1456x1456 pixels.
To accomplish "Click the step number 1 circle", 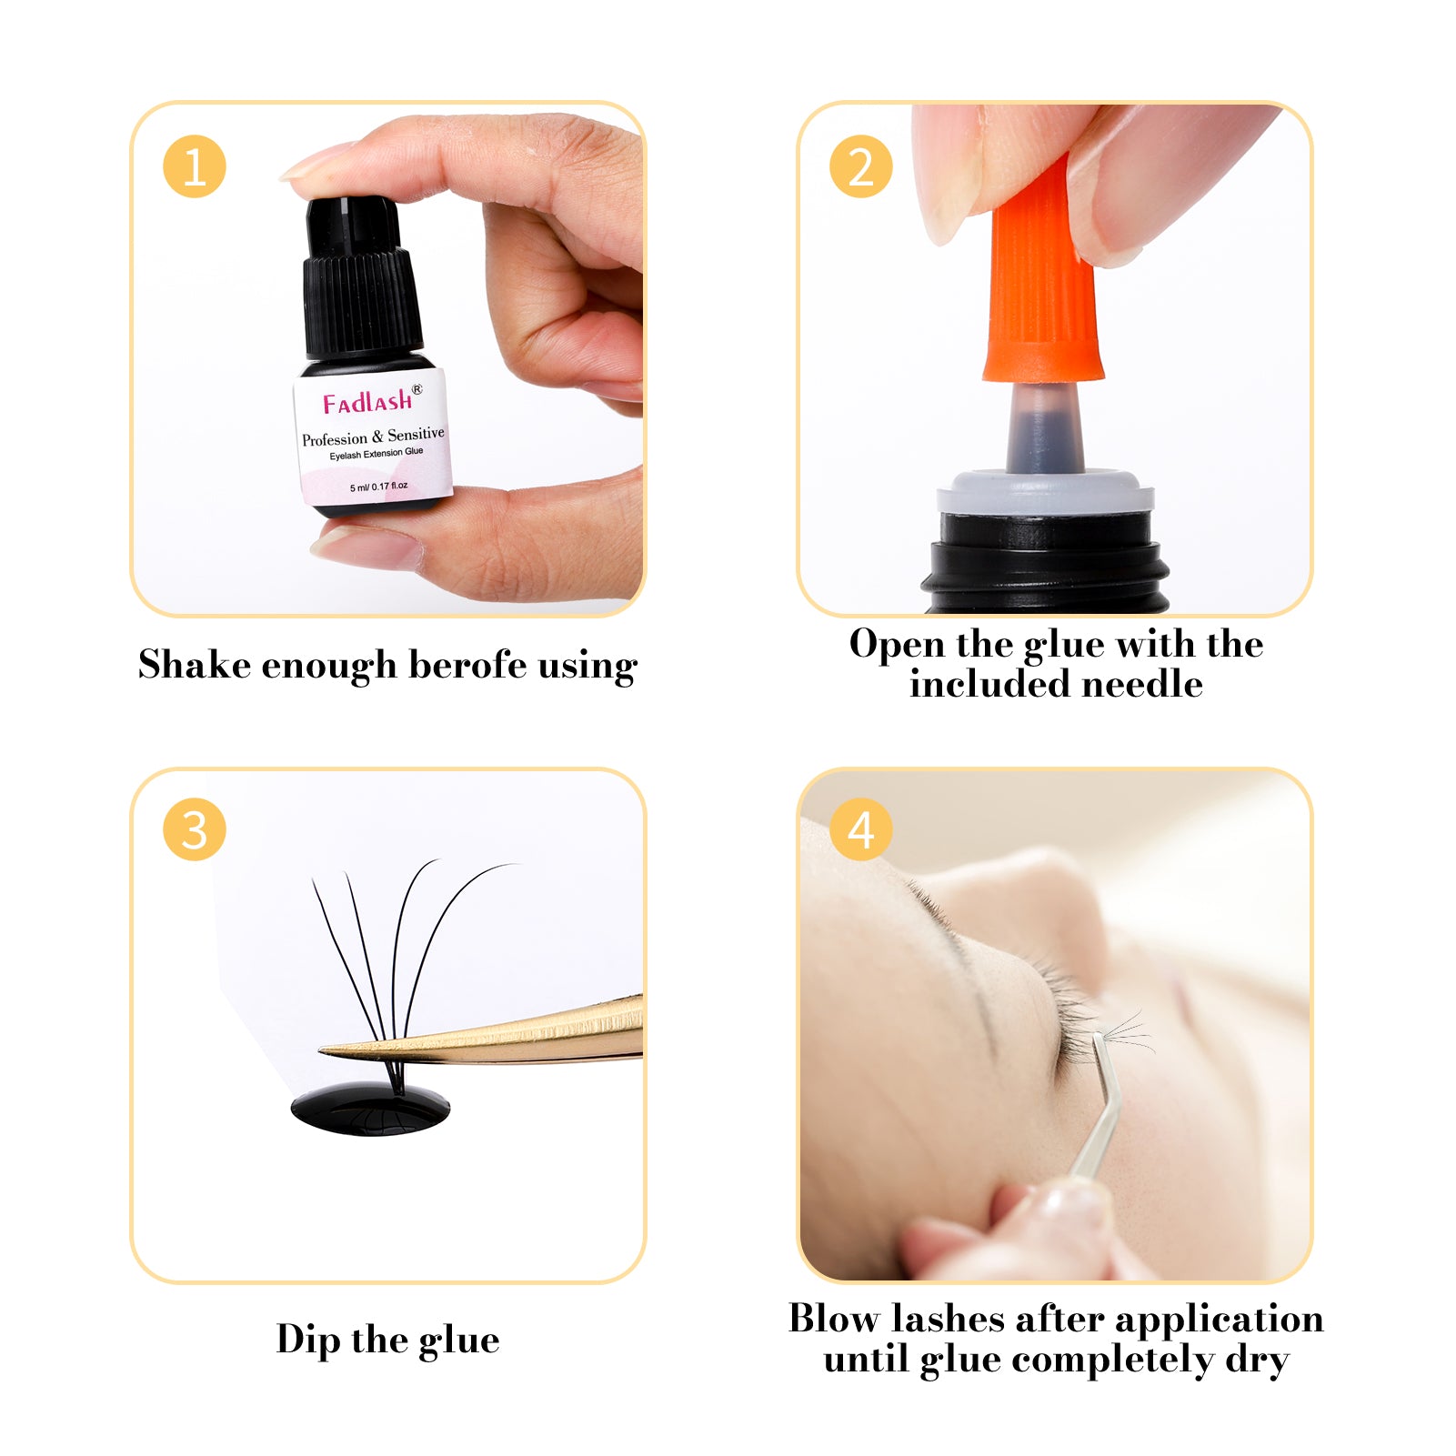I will (x=194, y=166).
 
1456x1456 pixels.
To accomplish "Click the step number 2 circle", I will (x=860, y=166).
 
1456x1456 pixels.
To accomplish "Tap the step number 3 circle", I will (x=194, y=829).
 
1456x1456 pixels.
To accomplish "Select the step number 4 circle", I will (x=860, y=829).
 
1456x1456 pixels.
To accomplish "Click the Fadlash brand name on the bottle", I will (x=368, y=401).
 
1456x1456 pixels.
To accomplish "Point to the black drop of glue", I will (x=370, y=1110).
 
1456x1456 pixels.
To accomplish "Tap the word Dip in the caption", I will (x=308, y=1340).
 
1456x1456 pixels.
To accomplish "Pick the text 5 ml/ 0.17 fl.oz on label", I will (x=378, y=487).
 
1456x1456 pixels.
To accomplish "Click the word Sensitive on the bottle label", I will (x=416, y=434).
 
